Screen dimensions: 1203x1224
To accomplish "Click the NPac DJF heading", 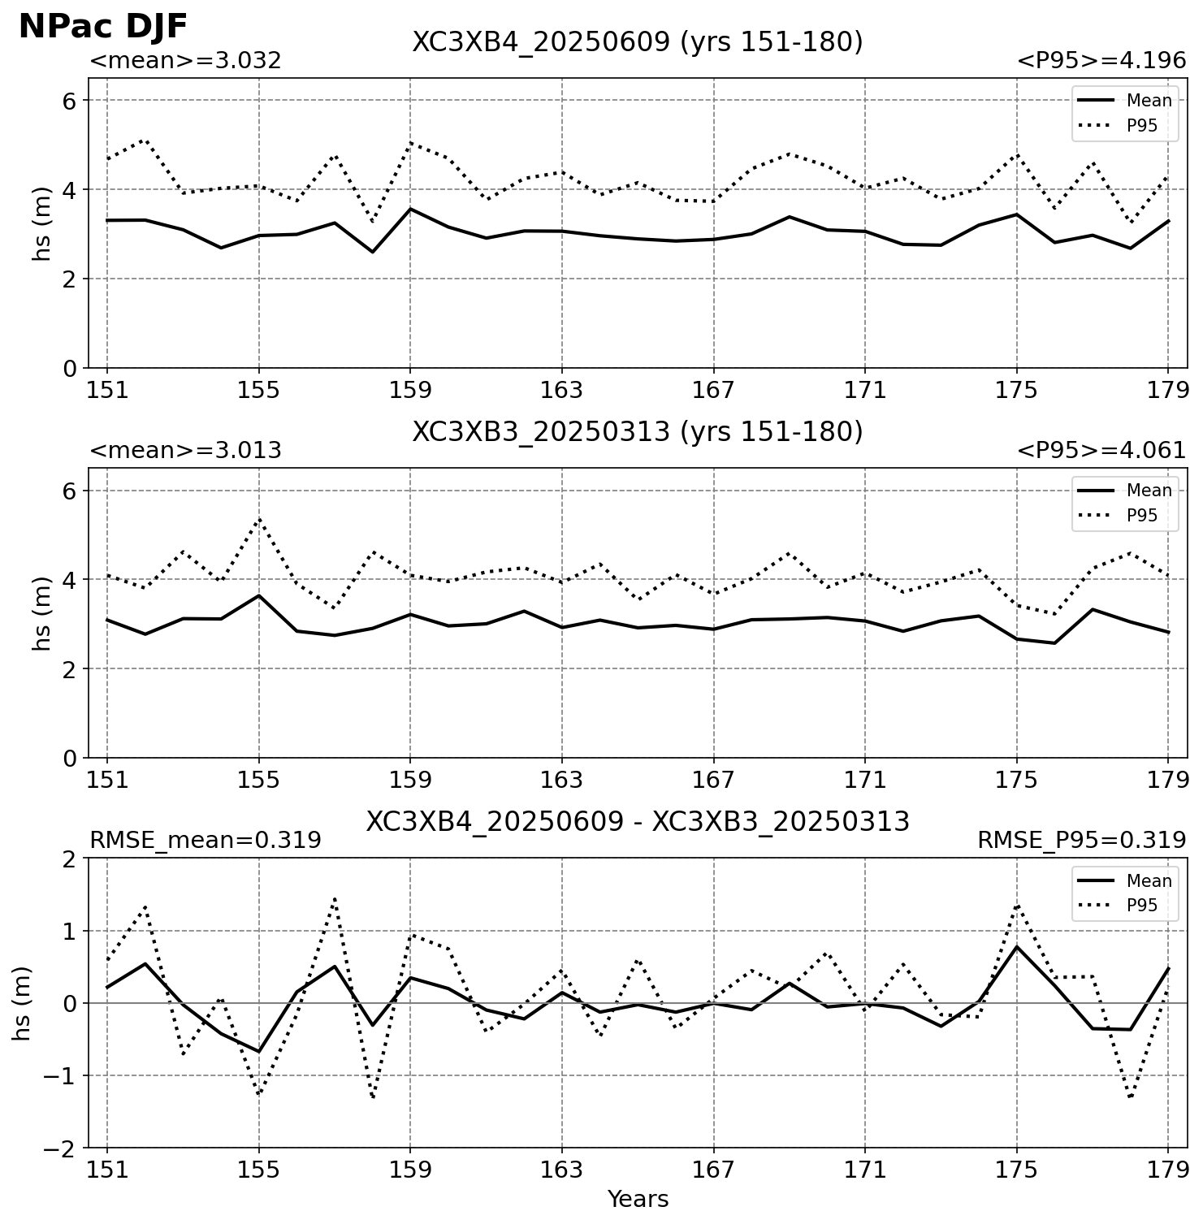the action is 103,27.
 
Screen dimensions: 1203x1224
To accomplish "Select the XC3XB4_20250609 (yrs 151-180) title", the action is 638,42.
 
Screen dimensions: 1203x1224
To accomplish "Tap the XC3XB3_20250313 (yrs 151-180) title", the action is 638,432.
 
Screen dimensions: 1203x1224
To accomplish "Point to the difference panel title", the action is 638,822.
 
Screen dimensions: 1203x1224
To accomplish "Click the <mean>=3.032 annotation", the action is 185,61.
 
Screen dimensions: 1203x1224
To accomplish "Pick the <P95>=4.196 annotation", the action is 1101,61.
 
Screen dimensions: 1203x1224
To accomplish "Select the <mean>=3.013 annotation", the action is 185,451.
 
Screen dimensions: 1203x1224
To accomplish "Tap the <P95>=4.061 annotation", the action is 1101,451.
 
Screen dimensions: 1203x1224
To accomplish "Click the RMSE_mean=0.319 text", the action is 206,841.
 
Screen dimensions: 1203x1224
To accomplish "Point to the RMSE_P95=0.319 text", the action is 1082,841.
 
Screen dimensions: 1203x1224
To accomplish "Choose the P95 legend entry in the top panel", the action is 1125,126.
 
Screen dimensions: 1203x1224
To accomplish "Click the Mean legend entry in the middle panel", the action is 1125,491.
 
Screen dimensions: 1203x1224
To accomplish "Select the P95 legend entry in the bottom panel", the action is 1125,906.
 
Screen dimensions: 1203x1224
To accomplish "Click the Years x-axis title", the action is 638,1199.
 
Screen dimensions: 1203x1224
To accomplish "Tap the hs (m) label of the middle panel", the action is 42,613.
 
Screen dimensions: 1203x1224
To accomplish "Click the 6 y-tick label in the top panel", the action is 70,101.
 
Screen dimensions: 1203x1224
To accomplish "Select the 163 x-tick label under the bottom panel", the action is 562,1170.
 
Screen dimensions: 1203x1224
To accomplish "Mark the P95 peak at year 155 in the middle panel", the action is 259,518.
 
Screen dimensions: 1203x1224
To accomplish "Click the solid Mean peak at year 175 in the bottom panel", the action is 1016,947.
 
